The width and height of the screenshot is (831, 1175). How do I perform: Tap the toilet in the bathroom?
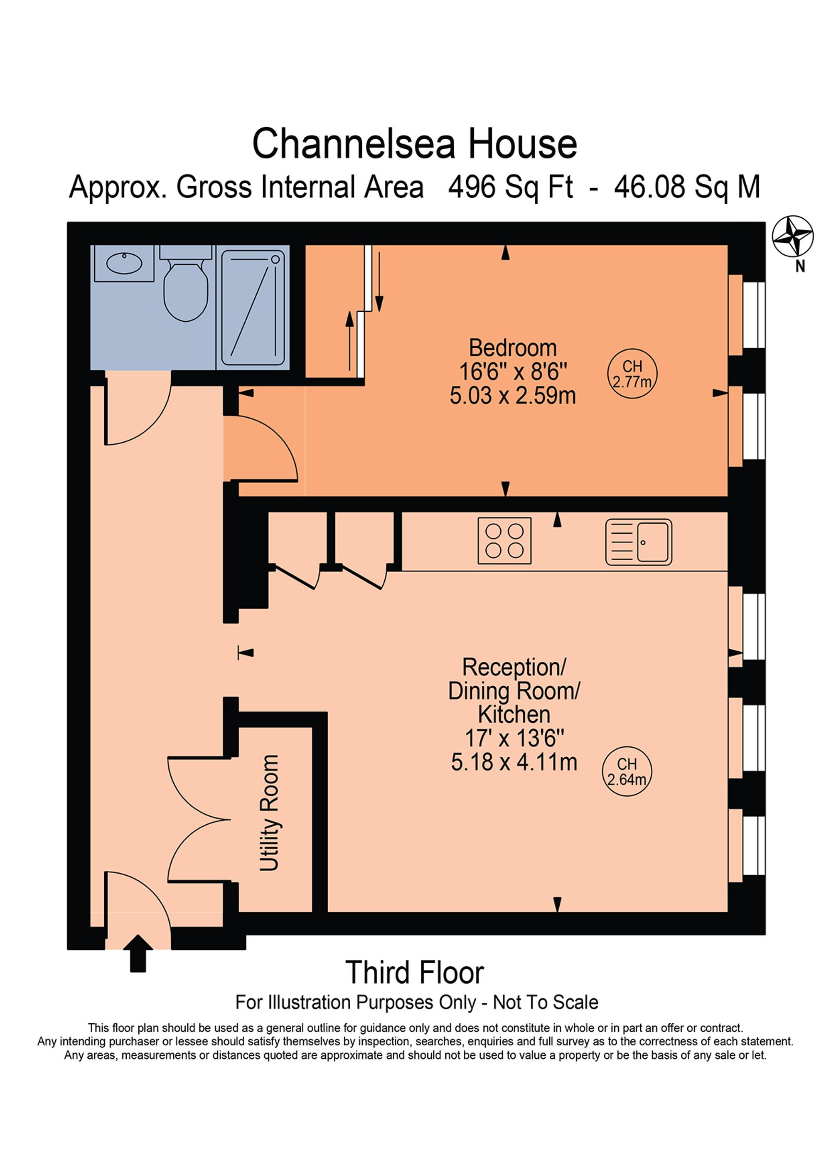point(185,290)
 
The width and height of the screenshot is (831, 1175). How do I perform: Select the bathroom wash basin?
point(124,264)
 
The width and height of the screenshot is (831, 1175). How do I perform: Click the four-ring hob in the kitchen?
point(504,540)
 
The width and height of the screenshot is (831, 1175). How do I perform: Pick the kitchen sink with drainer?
point(638,542)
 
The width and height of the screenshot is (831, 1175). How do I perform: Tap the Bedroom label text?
point(512,348)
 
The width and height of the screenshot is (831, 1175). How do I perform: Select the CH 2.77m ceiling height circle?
point(632,374)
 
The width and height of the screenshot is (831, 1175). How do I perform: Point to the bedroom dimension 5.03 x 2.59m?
point(512,396)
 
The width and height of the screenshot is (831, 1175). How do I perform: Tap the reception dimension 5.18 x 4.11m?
point(514,763)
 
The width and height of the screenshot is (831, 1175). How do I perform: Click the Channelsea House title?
point(415,144)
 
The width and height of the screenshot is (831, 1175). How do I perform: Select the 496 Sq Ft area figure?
point(510,187)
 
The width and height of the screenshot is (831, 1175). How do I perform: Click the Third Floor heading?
point(415,973)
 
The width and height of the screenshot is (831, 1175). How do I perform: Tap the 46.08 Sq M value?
point(687,187)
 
